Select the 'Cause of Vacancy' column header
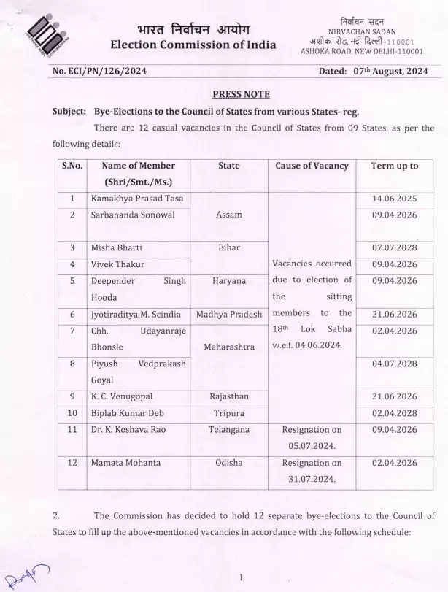point(312,166)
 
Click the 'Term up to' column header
point(394,166)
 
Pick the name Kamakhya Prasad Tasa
point(136,199)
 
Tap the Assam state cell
point(228,215)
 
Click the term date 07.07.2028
point(394,247)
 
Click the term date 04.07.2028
point(394,363)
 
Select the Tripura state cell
point(228,412)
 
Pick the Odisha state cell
point(228,462)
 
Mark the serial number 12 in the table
point(72,462)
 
